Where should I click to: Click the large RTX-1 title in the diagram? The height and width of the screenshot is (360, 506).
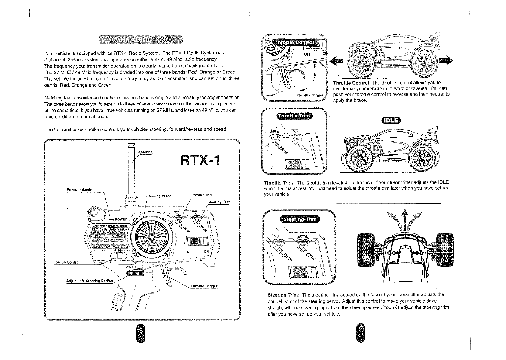(200, 160)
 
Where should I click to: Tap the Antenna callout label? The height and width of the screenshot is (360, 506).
(145, 152)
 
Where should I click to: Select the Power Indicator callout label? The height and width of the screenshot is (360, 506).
(80, 190)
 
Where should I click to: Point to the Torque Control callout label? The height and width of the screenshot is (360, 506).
(66, 262)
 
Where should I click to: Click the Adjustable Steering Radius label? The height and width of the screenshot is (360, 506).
(90, 281)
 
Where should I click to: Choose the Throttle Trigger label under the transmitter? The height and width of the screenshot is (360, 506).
(204, 286)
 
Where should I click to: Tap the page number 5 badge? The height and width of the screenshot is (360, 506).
(140, 332)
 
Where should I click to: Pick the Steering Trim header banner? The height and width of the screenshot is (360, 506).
(300, 219)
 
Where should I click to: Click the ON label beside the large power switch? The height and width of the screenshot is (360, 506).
(206, 252)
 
